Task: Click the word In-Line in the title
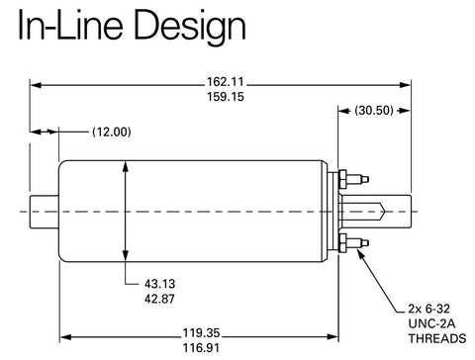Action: point(70,25)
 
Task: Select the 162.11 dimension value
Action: point(226,81)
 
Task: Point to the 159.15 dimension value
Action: point(226,97)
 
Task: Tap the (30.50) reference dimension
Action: point(374,110)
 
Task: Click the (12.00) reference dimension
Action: point(112,132)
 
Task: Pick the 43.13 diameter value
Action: point(159,284)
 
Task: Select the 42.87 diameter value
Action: point(159,299)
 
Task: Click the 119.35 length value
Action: point(201,333)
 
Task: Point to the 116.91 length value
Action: point(201,348)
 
